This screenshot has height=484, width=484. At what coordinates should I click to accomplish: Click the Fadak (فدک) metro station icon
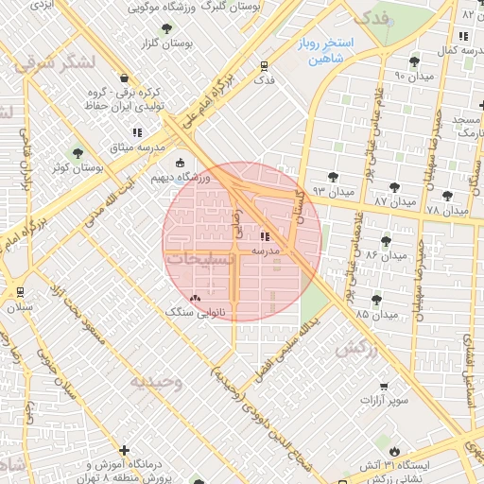click(264, 66)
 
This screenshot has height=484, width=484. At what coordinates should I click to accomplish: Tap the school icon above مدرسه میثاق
click(136, 132)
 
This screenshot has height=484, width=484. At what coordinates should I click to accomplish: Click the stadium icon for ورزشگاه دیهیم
click(181, 162)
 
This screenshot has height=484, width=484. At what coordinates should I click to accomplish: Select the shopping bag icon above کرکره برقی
click(124, 78)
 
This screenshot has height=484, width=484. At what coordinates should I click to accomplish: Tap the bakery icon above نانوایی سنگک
click(196, 297)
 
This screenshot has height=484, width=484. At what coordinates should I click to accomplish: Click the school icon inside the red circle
click(264, 236)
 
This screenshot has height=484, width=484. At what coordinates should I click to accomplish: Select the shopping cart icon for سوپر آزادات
click(383, 386)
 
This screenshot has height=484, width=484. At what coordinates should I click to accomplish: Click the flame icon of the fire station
click(393, 451)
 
